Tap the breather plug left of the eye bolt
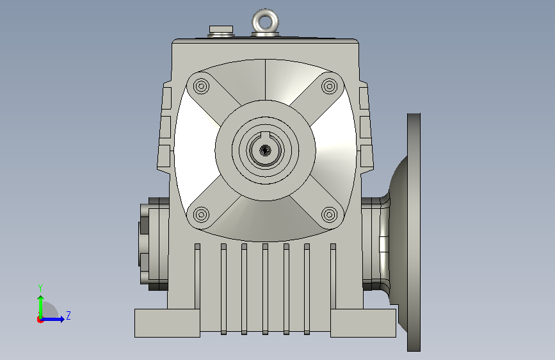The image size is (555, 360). click(221, 31)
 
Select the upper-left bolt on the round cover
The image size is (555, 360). click(202, 86)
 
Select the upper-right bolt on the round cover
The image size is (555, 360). click(330, 86)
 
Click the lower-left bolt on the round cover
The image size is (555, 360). click(202, 215)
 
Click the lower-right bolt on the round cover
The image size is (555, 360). click(330, 215)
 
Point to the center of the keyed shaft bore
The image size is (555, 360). click(265, 151)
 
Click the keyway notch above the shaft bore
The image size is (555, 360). click(266, 135)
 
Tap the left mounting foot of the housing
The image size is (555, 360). click(167, 323)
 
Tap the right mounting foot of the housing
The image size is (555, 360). click(363, 323)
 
